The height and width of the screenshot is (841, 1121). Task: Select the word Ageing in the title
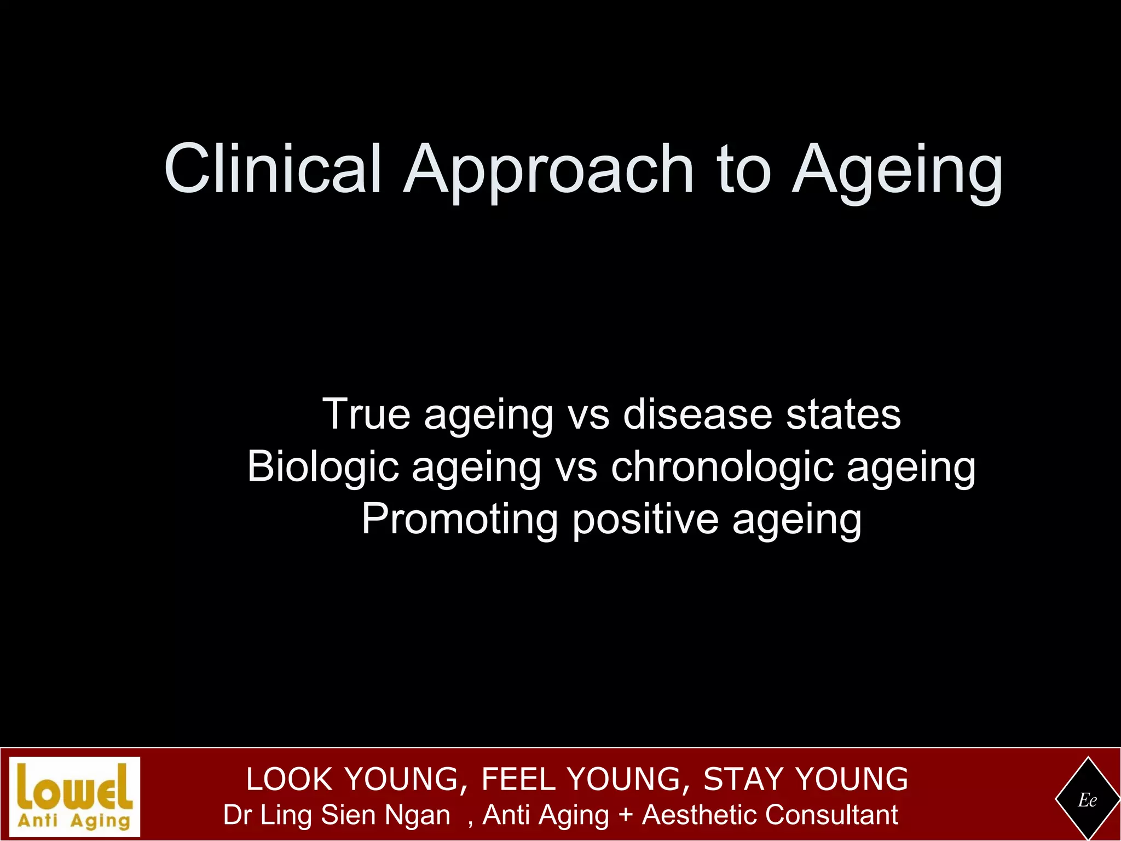(898, 171)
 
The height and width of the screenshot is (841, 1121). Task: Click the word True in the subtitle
(366, 414)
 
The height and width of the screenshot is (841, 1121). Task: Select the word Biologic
(323, 466)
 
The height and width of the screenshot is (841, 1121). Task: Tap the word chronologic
(722, 466)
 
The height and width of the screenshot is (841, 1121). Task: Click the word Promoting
(460, 519)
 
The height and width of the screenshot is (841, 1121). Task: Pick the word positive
(645, 519)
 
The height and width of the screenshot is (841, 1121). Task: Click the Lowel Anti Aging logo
(75, 797)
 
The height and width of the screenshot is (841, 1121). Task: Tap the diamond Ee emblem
(1087, 800)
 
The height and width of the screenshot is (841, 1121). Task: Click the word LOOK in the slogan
(290, 779)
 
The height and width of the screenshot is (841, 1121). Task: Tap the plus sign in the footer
(625, 815)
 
